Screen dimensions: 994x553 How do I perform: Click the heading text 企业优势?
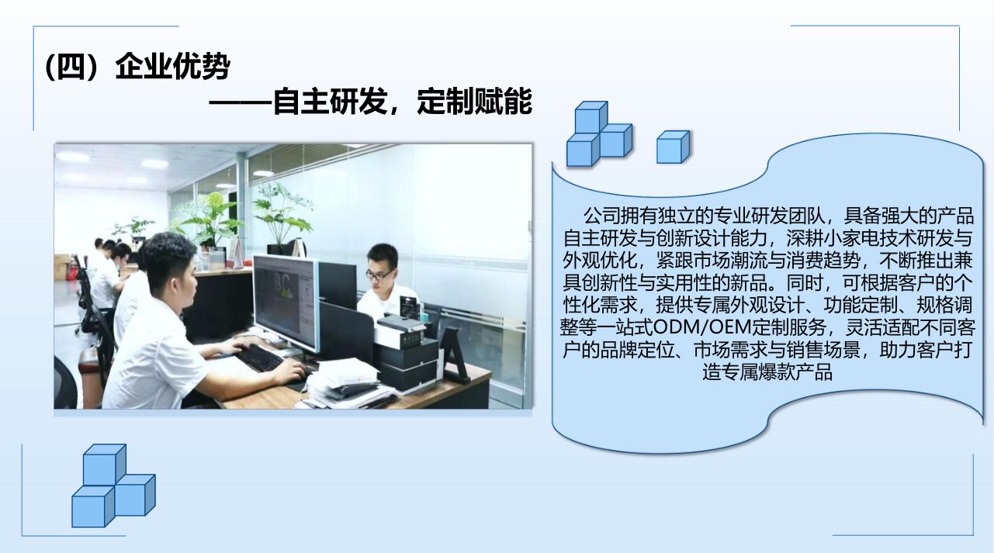(x=172, y=67)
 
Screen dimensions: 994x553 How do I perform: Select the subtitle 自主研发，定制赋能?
(x=403, y=102)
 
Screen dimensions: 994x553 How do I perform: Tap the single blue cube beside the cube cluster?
(x=674, y=147)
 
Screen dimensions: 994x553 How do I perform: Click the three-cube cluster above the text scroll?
(x=599, y=134)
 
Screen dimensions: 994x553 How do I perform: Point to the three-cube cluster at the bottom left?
(x=113, y=486)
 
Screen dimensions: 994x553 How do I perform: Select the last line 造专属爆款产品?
(x=767, y=372)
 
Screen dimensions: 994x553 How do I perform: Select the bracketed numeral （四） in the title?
(x=71, y=67)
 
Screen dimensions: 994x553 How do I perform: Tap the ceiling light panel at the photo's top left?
(x=72, y=156)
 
